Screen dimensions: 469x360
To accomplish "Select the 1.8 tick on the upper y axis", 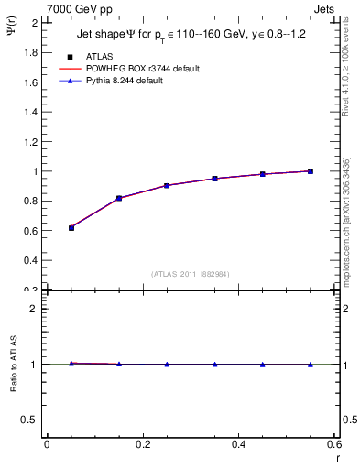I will coord(30,52).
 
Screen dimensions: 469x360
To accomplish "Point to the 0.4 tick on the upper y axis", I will coord(30,260).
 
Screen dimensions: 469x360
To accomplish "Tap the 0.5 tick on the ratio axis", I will coord(30,420).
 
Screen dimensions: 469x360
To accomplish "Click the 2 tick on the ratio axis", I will coord(35,309).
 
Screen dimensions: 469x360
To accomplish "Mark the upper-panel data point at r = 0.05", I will coord(71,227).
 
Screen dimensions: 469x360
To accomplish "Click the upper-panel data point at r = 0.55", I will coord(311,171).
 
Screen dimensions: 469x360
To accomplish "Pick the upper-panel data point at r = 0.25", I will coord(167,185).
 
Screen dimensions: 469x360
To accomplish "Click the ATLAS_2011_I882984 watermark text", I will coord(191,274).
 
